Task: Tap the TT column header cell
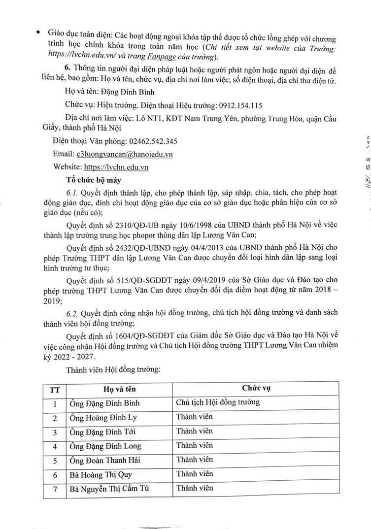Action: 55,389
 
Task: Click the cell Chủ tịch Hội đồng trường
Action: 218,402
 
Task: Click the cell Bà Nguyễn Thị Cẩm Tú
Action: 108,489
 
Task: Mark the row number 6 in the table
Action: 55,474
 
